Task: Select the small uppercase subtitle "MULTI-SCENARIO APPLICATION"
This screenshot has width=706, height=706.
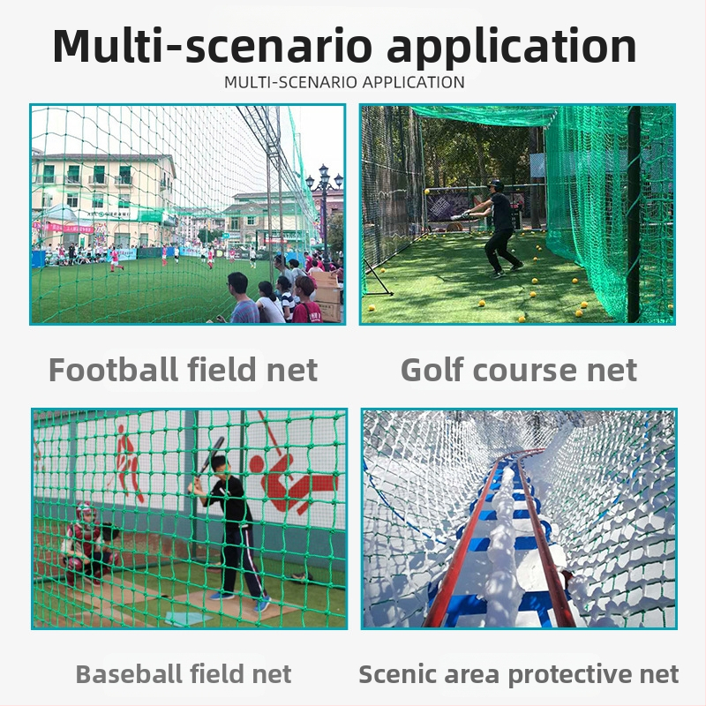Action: point(344,83)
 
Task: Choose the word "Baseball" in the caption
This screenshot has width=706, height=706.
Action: point(130,675)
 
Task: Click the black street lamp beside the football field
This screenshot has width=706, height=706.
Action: point(324,207)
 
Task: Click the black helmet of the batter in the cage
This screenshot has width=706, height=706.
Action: point(495,185)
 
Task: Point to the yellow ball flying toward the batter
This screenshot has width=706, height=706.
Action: point(427,192)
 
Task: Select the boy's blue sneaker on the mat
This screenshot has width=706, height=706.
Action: point(262,604)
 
